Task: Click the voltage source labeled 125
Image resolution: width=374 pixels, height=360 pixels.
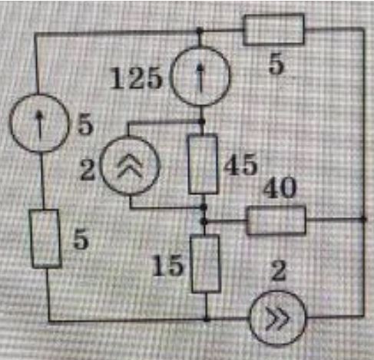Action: click(x=200, y=76)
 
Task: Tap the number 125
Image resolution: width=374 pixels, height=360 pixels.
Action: click(x=136, y=79)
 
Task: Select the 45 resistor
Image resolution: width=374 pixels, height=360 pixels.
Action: click(x=203, y=164)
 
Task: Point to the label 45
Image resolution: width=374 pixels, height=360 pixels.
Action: click(x=240, y=165)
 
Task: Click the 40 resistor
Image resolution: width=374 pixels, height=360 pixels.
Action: click(x=276, y=220)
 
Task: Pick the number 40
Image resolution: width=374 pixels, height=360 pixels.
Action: click(x=280, y=187)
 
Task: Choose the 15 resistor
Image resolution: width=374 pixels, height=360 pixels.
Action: click(x=206, y=263)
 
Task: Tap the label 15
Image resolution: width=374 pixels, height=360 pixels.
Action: click(x=167, y=266)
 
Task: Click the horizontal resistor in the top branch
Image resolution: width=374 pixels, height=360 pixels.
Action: click(x=274, y=29)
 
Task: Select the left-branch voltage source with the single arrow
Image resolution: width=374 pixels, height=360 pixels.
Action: click(x=39, y=123)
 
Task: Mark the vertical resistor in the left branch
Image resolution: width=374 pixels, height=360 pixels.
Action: click(x=45, y=239)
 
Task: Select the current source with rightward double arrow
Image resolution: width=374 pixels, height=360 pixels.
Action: click(x=278, y=319)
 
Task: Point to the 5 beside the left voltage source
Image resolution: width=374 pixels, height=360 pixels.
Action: click(x=85, y=126)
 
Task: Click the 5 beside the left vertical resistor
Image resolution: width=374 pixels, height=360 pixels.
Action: click(x=81, y=239)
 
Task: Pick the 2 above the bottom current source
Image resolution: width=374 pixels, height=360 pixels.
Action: click(x=279, y=271)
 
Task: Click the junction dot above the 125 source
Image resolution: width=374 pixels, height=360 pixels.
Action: click(x=199, y=31)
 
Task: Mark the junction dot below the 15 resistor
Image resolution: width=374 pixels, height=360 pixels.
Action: click(x=207, y=319)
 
